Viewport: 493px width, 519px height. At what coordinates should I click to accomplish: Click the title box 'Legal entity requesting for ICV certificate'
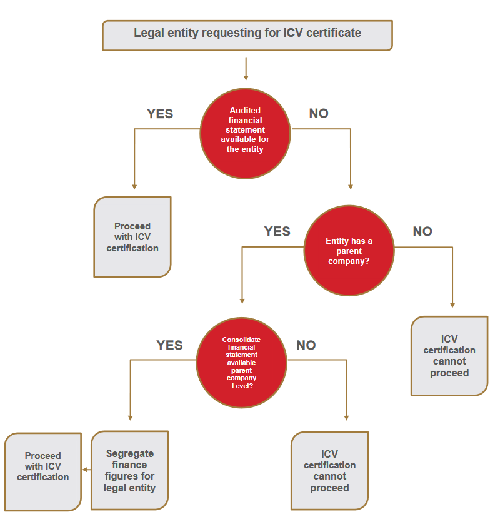(247, 35)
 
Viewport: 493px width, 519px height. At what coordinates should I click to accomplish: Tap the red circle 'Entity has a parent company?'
(349, 251)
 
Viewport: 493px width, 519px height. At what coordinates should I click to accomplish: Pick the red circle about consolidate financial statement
(241, 362)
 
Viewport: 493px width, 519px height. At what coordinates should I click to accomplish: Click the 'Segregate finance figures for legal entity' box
(130, 470)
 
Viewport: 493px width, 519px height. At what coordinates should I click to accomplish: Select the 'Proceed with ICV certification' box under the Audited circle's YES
(132, 237)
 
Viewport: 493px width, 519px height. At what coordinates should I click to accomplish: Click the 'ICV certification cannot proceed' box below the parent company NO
(449, 356)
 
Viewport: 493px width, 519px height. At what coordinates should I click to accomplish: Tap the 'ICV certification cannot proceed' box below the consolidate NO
(329, 470)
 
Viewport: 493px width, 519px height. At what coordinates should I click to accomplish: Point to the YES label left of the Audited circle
(160, 114)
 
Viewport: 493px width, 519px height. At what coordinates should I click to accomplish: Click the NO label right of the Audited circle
(319, 114)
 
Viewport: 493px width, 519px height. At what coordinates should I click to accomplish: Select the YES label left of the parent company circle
(277, 231)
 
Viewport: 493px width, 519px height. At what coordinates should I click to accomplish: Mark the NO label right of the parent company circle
(422, 231)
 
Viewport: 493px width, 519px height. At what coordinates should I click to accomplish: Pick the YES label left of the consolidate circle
(169, 345)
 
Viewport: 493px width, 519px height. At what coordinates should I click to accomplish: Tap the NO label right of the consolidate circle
(306, 345)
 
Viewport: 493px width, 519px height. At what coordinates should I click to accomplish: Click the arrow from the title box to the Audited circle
(246, 69)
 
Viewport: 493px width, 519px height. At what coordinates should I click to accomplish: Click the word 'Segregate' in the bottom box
(130, 454)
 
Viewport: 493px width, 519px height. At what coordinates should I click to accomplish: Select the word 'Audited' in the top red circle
(245, 110)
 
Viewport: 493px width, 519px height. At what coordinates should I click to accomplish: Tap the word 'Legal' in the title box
(148, 33)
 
